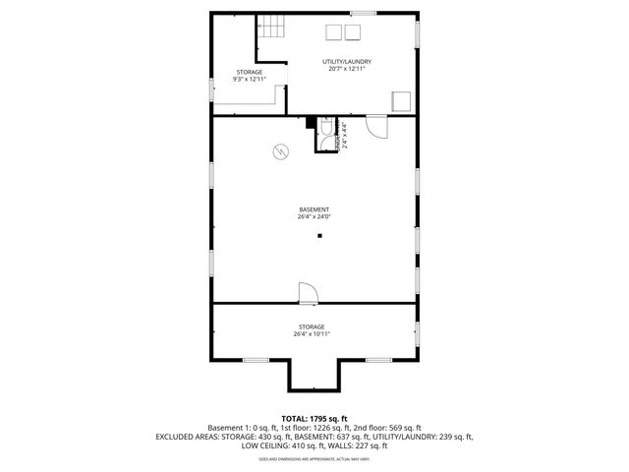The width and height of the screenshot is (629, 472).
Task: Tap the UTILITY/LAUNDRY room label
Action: (347, 61)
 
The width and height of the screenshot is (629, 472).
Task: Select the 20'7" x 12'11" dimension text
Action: (347, 70)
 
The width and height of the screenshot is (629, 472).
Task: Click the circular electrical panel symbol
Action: (281, 152)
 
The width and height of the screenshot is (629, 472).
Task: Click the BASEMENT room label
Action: (314, 209)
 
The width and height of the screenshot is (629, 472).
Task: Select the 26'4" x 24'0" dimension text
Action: (314, 217)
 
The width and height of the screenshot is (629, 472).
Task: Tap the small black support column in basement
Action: (319, 236)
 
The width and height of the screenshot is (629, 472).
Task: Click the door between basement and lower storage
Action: (306, 293)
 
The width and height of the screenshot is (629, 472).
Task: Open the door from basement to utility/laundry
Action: (375, 124)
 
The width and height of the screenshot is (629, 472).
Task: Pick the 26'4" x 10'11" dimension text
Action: (312, 334)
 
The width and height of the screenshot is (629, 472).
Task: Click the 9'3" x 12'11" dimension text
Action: (249, 80)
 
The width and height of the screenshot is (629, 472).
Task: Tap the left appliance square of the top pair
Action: (329, 31)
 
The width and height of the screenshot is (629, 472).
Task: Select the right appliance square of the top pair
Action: (351, 31)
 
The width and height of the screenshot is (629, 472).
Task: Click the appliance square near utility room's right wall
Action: (400, 100)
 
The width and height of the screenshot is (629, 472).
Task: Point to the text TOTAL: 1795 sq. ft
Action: (314, 419)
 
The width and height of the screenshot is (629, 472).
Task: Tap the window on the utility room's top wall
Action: (363, 13)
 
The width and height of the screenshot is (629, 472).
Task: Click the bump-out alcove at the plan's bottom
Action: (314, 374)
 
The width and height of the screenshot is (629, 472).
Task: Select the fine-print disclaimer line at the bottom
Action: (314, 458)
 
